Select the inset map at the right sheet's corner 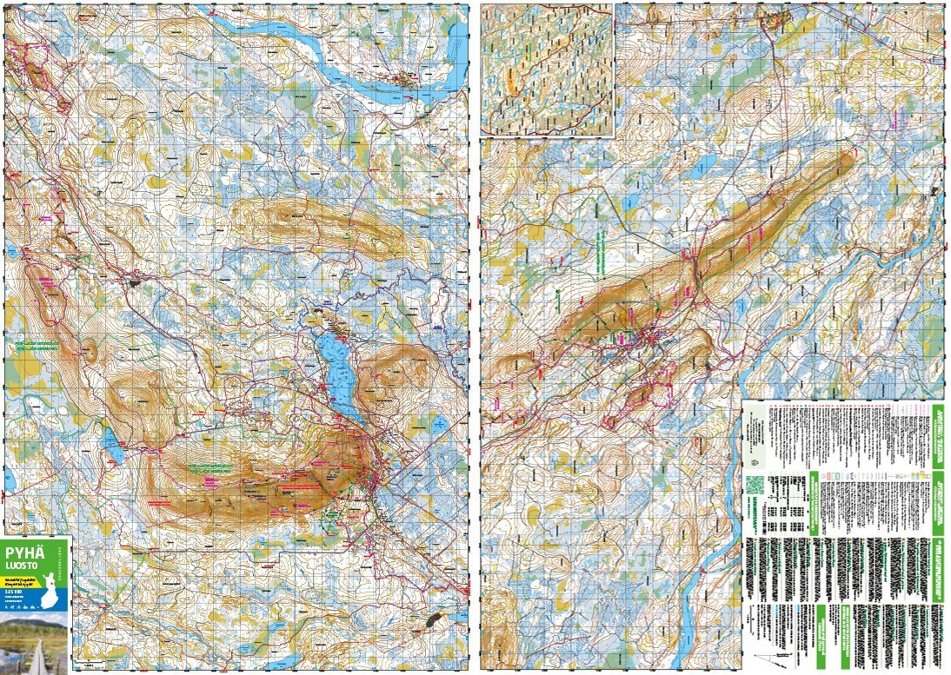point(548,69)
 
